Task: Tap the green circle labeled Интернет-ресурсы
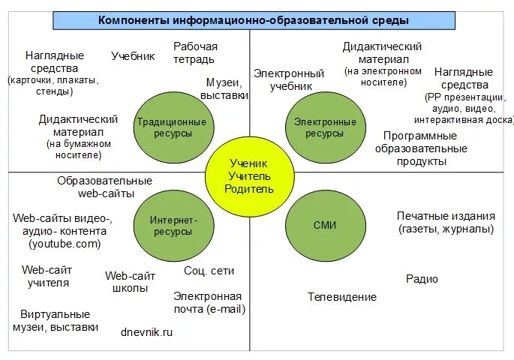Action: [173, 226]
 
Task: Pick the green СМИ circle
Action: [324, 224]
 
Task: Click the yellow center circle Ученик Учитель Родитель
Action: [248, 175]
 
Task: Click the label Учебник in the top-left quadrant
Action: [133, 55]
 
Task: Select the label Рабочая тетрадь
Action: [195, 52]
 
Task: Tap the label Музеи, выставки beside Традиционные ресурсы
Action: [224, 89]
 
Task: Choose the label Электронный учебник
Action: [289, 79]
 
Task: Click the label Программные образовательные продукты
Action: [420, 148]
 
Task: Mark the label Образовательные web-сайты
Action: [105, 187]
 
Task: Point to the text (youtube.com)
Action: [65, 244]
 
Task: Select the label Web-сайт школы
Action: [130, 282]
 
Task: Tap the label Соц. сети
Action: [209, 271]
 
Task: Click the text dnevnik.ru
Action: [147, 331]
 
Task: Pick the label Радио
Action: [422, 279]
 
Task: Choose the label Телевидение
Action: [342, 297]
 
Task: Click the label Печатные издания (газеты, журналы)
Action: [446, 223]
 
